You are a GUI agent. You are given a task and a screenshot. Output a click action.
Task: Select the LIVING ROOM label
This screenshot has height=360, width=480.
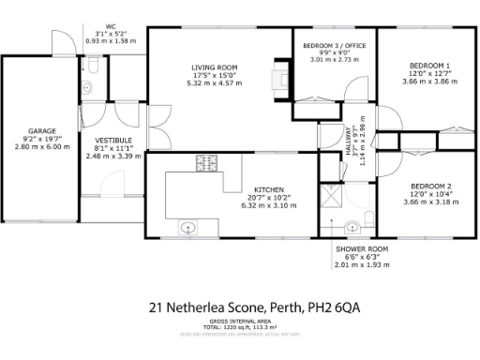214,67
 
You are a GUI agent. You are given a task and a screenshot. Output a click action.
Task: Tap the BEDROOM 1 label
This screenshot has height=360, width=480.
427,65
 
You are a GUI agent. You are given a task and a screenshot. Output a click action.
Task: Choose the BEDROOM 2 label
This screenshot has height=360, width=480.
427,185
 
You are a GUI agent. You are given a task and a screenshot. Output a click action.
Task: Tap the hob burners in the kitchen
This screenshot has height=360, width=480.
206,163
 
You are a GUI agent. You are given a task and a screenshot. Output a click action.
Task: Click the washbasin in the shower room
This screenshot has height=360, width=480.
352,226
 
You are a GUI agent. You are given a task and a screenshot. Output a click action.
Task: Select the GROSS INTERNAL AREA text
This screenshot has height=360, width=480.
240,321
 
